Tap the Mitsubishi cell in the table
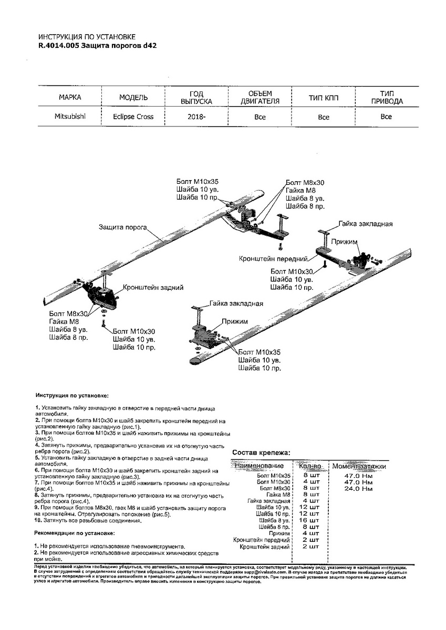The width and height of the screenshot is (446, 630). [70, 116]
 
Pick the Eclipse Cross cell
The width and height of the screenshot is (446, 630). [133, 117]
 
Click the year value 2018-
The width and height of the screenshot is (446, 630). [196, 117]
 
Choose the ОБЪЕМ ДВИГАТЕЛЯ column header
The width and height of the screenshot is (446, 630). [260, 97]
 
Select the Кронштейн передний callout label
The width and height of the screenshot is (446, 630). [266, 259]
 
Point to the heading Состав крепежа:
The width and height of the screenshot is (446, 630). [261, 452]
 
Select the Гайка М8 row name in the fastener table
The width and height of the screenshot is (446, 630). [278, 495]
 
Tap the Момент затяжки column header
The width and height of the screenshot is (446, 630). [359, 466]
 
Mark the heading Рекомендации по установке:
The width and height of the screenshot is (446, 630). [74, 533]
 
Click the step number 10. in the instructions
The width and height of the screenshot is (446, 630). [38, 520]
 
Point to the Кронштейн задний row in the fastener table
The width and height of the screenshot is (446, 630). [264, 547]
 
